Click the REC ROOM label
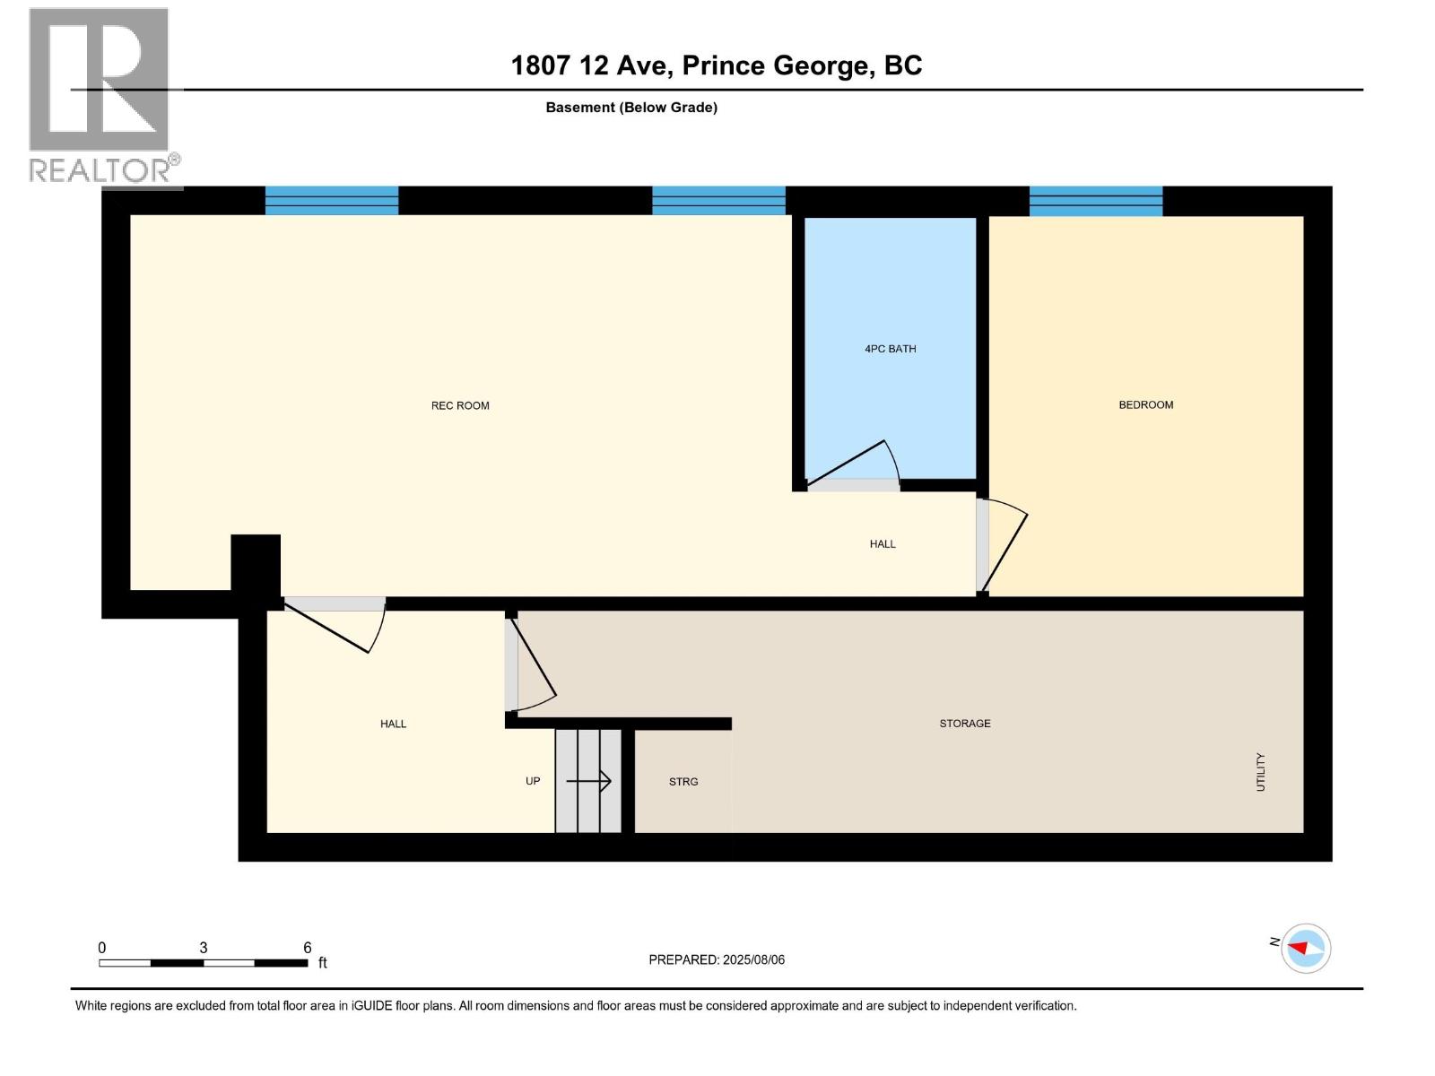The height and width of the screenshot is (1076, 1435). coord(460,405)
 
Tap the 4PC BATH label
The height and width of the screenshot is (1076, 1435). coord(890,349)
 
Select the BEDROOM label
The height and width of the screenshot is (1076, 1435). coord(1145,404)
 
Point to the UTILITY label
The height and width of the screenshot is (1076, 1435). coord(1260,771)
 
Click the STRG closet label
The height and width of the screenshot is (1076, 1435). coord(683,782)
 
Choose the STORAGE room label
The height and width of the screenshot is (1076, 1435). coord(964,723)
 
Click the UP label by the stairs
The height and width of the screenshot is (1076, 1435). coord(532,781)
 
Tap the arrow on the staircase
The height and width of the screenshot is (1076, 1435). coord(589,781)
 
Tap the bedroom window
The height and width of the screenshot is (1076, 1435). coord(1095,201)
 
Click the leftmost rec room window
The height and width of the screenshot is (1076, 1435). coord(331,201)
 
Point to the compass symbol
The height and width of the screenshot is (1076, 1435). coord(1305,948)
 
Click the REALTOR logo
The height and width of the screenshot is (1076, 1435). coord(100,97)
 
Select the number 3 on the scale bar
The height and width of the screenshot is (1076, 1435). coord(204,948)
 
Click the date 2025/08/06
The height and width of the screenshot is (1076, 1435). coord(753,959)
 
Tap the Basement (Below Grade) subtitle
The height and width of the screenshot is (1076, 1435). coord(631,108)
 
